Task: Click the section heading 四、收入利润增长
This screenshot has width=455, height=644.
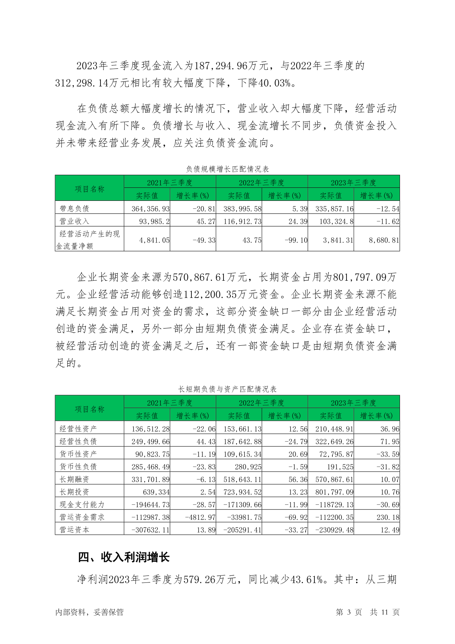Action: (123, 557)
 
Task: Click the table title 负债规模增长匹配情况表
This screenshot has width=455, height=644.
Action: (227, 169)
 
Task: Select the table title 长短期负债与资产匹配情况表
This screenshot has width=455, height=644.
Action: (227, 389)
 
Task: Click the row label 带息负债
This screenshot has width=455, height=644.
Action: (74, 209)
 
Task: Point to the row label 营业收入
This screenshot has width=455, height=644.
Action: (74, 221)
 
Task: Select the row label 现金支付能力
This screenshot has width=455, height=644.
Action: (82, 504)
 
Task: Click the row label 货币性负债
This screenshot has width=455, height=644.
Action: (78, 467)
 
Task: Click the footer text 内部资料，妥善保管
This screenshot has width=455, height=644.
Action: (89, 612)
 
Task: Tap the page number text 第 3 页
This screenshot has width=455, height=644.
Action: (348, 612)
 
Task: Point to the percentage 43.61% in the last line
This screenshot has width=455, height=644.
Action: (306, 579)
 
